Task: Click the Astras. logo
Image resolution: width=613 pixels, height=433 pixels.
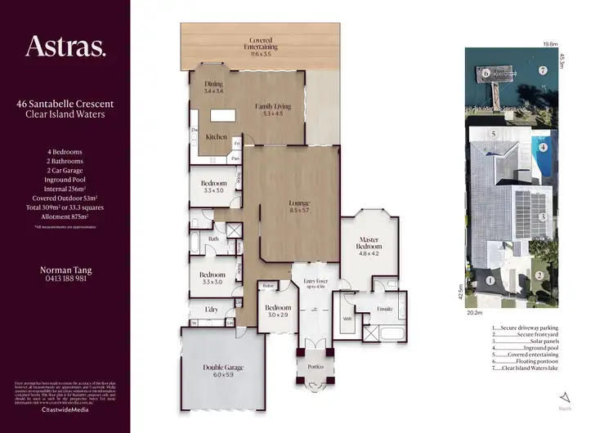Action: click(x=65, y=47)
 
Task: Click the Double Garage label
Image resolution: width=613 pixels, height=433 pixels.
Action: click(x=223, y=368)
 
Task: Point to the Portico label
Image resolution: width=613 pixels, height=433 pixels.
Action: click(x=314, y=367)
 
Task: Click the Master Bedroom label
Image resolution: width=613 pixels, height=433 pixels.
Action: click(x=369, y=243)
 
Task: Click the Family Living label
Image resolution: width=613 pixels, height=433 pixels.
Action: click(x=273, y=107)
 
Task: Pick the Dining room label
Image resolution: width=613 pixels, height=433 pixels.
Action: click(x=213, y=83)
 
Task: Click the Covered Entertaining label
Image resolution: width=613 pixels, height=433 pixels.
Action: click(x=261, y=40)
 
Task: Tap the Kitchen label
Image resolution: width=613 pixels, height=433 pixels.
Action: click(x=216, y=137)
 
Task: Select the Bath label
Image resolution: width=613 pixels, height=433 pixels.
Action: click(x=213, y=239)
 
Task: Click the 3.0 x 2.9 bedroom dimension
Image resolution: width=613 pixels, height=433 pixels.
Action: click(x=278, y=315)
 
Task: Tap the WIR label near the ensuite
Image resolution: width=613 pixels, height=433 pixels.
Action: click(x=347, y=319)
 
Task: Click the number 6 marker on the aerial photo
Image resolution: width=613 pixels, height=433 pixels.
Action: click(x=485, y=74)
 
